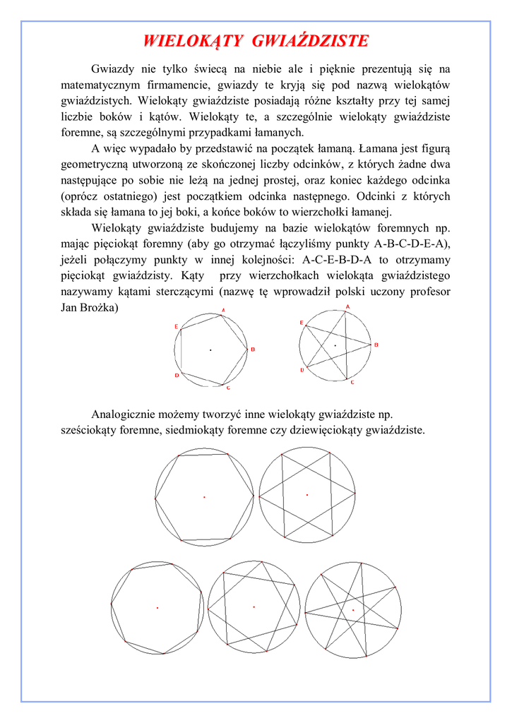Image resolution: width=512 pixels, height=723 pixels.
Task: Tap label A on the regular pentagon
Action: click(x=224, y=310)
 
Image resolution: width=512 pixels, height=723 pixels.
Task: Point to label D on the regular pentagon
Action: click(x=177, y=375)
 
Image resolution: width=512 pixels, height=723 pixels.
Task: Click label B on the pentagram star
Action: click(x=376, y=345)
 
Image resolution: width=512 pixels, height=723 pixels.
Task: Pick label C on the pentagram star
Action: click(x=352, y=383)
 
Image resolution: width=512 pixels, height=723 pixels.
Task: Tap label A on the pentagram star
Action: click(x=347, y=306)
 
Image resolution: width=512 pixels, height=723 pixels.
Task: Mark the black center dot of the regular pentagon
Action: click(x=210, y=350)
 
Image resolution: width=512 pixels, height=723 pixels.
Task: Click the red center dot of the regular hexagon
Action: click(x=204, y=497)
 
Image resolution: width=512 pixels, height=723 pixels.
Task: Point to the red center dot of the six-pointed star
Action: click(x=306, y=495)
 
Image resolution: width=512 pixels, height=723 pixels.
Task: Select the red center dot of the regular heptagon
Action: click(x=157, y=607)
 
